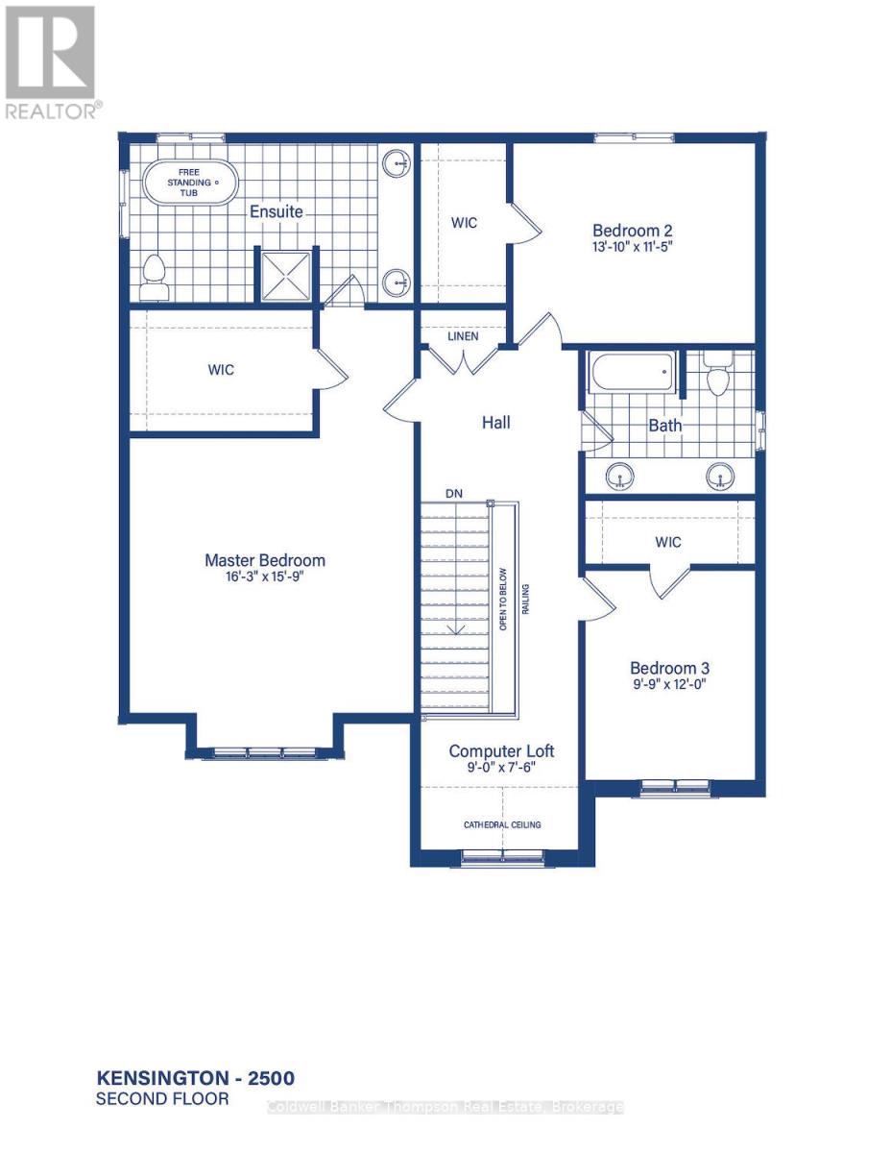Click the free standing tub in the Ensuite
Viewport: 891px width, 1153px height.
[x=189, y=182]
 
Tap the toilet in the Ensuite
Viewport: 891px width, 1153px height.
[x=154, y=277]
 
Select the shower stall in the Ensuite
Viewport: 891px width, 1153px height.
[x=285, y=276]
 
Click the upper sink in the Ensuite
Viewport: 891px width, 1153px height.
[x=396, y=164]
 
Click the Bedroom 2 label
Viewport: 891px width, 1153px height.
[x=632, y=231]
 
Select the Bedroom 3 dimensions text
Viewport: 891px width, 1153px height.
[x=668, y=686]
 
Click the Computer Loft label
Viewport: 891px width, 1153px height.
[x=501, y=751]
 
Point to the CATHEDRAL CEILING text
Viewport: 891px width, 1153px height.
[x=502, y=824]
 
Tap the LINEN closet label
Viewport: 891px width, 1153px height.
[x=464, y=336]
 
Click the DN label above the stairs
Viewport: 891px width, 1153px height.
[x=454, y=493]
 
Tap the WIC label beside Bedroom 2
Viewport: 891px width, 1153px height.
[x=464, y=223]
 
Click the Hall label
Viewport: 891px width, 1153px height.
[x=496, y=422]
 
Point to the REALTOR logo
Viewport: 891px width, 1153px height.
[x=52, y=61]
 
